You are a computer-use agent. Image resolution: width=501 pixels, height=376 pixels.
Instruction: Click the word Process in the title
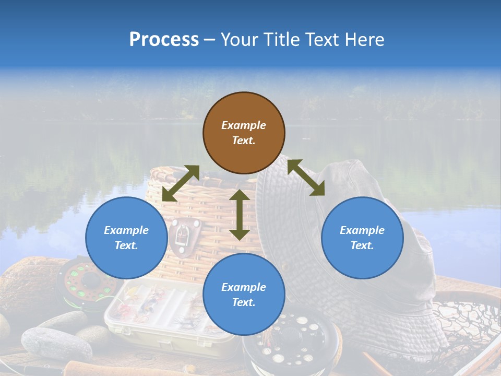(x=164, y=40)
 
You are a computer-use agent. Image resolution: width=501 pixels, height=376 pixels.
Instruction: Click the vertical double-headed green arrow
(x=240, y=215)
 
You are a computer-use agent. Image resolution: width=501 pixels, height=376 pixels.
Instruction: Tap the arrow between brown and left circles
(x=181, y=183)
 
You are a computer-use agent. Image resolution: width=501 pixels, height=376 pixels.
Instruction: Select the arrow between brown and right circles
(x=306, y=178)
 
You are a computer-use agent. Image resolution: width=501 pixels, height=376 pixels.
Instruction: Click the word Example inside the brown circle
(x=244, y=125)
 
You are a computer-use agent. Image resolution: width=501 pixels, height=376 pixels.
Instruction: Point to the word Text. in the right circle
(x=362, y=245)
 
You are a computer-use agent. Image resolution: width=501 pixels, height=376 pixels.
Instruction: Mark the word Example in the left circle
(x=126, y=230)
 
